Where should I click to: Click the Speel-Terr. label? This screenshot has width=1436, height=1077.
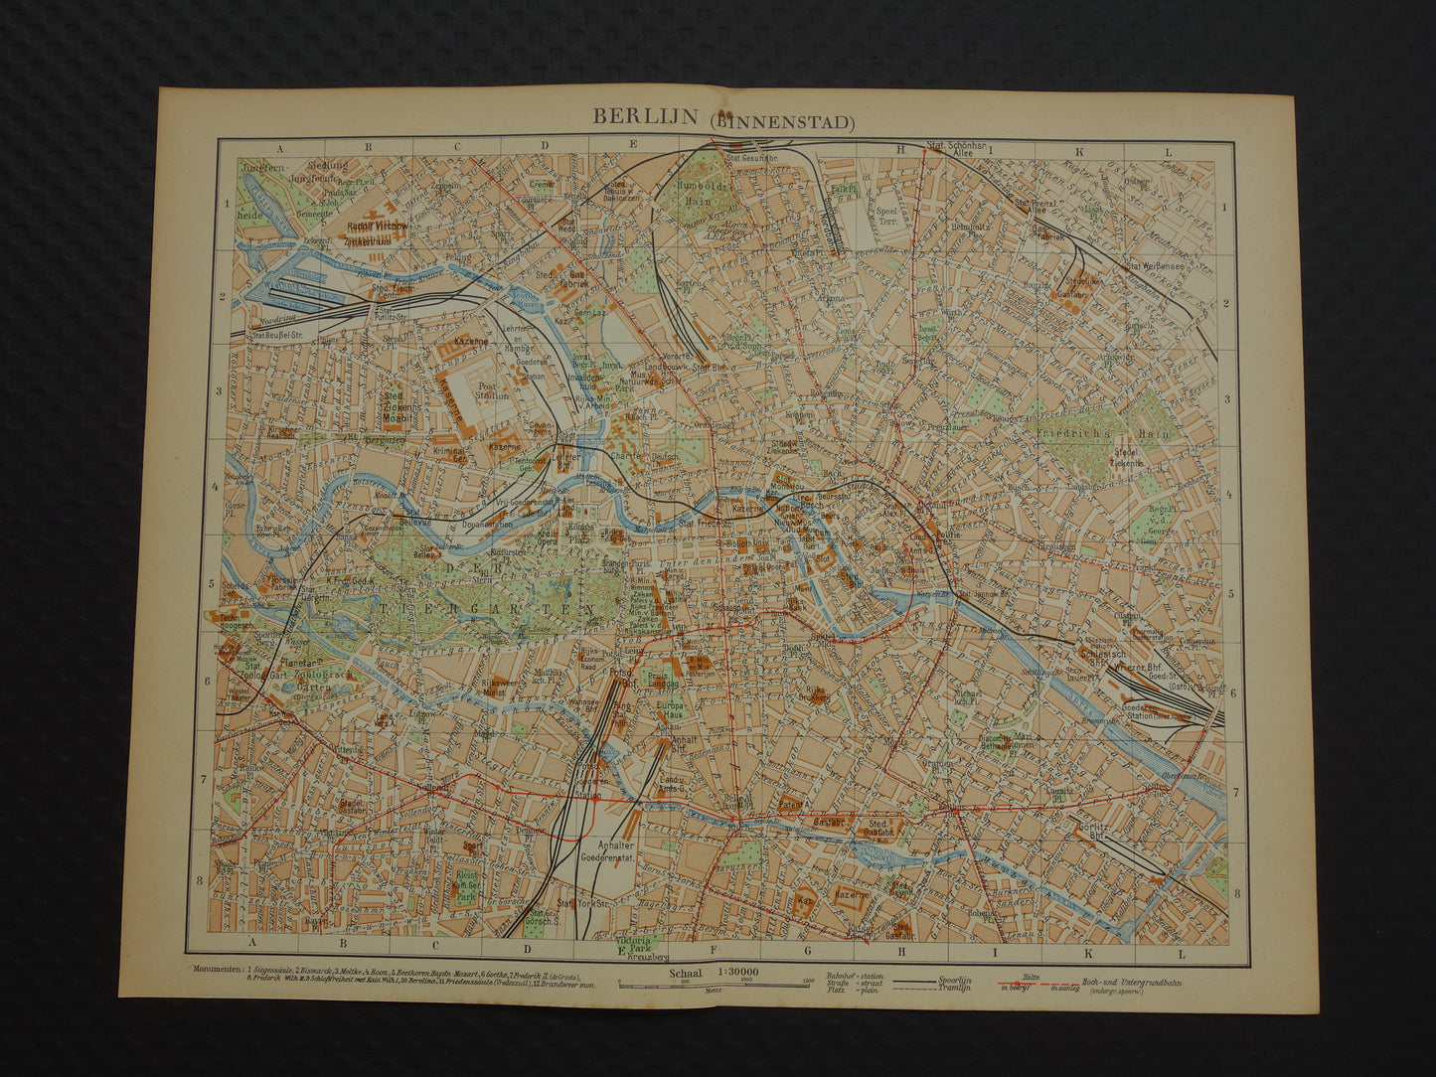click(x=886, y=219)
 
